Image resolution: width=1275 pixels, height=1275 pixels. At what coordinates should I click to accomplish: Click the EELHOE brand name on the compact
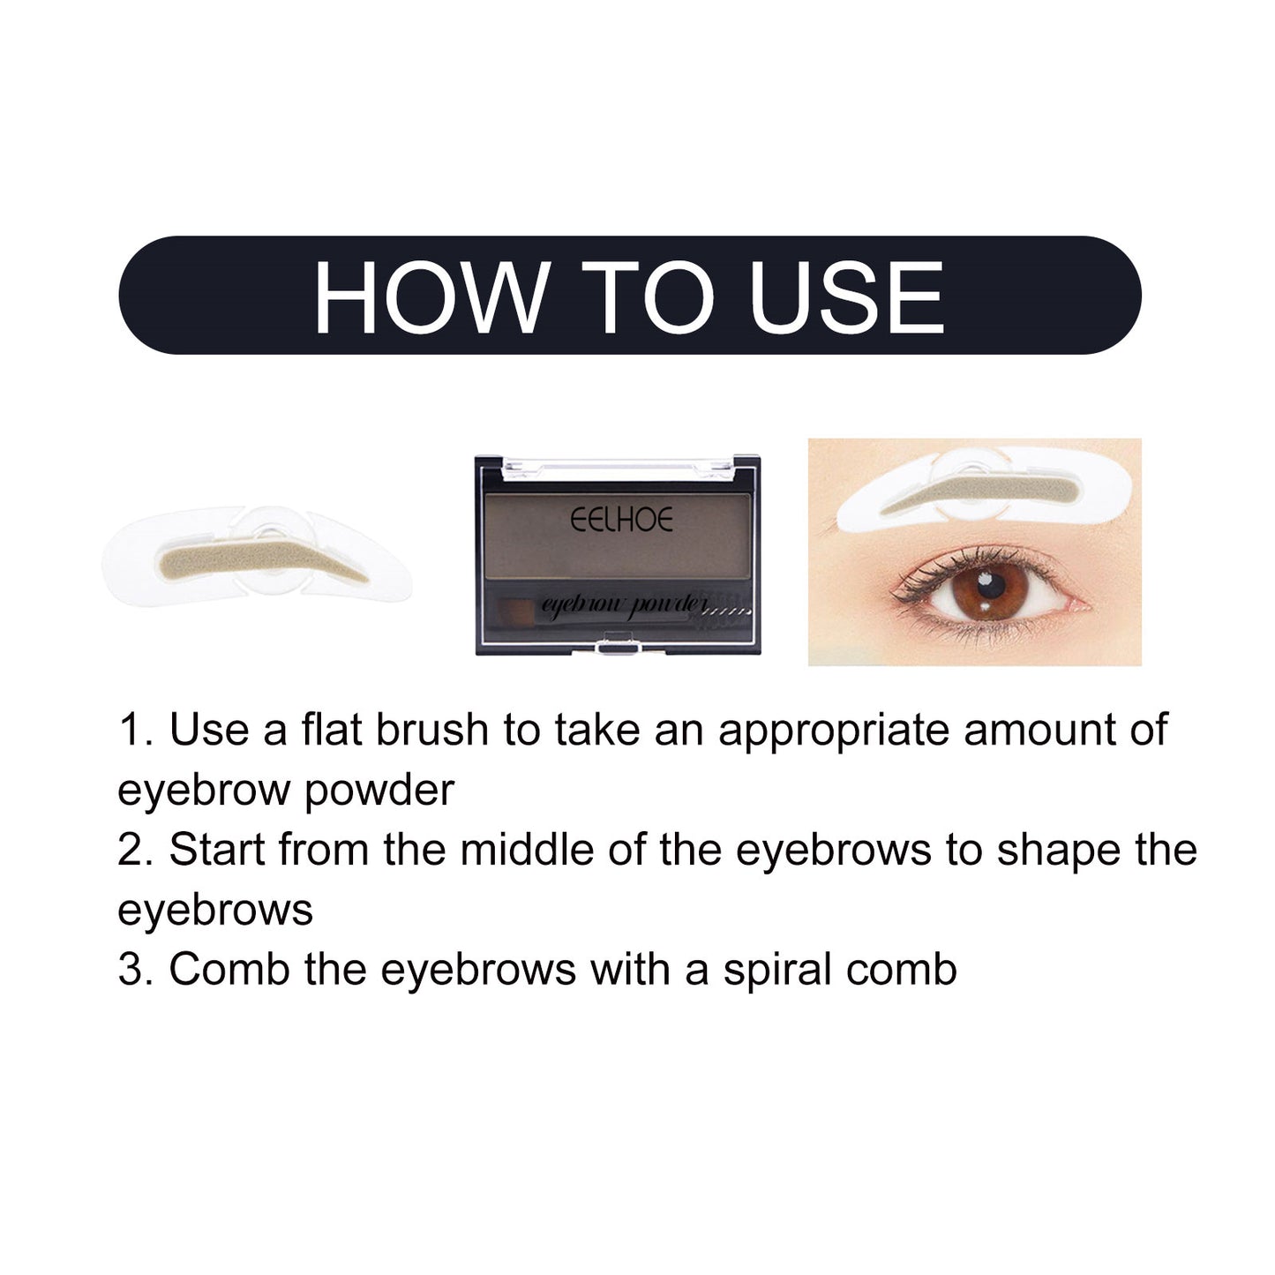pos(621,520)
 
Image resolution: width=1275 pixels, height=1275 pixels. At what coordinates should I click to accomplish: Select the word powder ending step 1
pos(379,791)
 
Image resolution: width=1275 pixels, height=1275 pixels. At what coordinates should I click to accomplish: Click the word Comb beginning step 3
pos(229,970)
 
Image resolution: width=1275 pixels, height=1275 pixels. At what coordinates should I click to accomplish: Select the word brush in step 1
pos(432,731)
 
